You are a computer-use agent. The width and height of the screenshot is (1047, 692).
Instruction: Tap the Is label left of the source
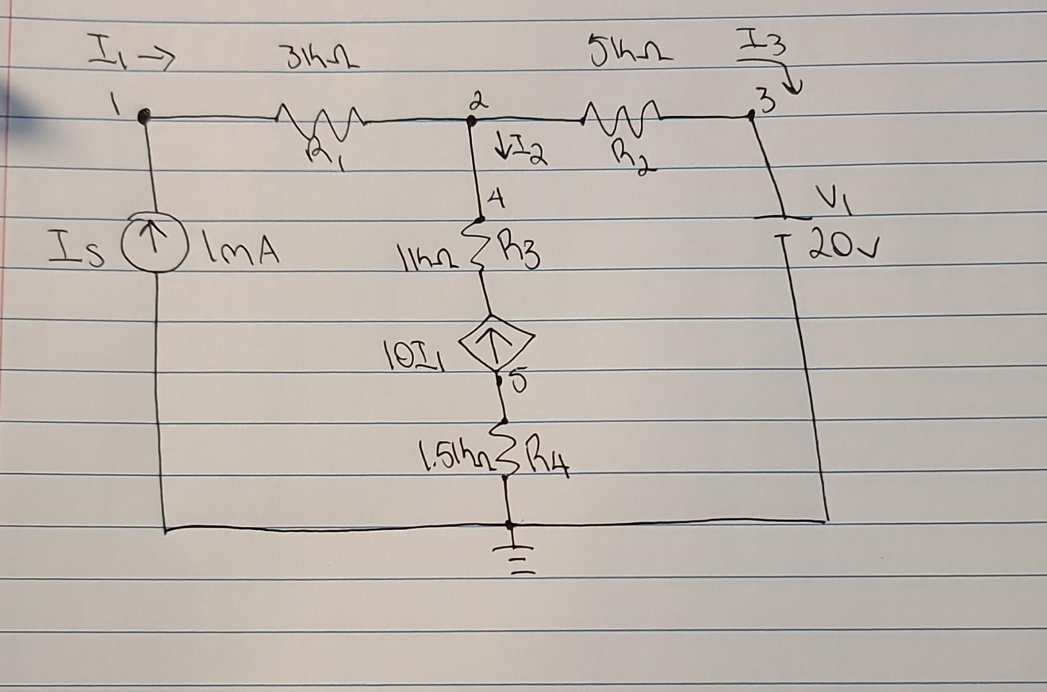point(76,251)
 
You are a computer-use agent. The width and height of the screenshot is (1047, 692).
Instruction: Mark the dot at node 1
point(145,116)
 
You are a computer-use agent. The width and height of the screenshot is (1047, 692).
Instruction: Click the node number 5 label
point(519,382)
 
